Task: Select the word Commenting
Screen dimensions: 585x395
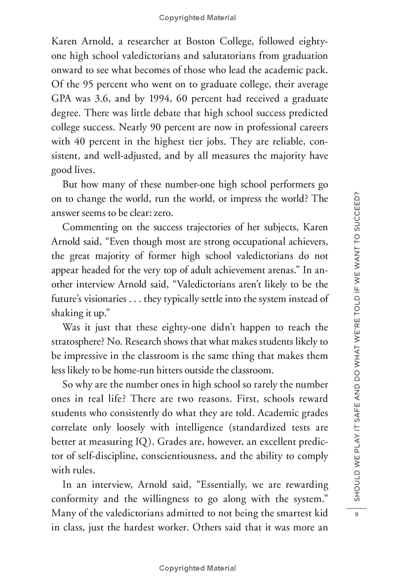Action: [x=95, y=228]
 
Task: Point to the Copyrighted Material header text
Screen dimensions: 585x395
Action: [x=197, y=18]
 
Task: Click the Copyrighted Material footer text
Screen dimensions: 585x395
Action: [x=197, y=568]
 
